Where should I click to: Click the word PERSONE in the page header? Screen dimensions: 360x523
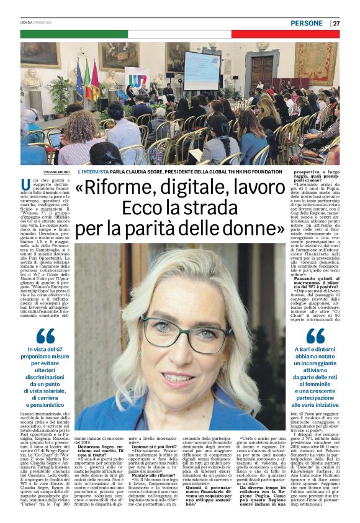(306, 23)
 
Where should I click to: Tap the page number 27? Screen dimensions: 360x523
(336, 23)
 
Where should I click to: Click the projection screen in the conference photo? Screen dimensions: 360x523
(201, 70)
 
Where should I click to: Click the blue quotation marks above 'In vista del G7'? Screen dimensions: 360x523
(45, 336)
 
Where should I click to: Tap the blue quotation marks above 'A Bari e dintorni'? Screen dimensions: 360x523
(315, 336)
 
